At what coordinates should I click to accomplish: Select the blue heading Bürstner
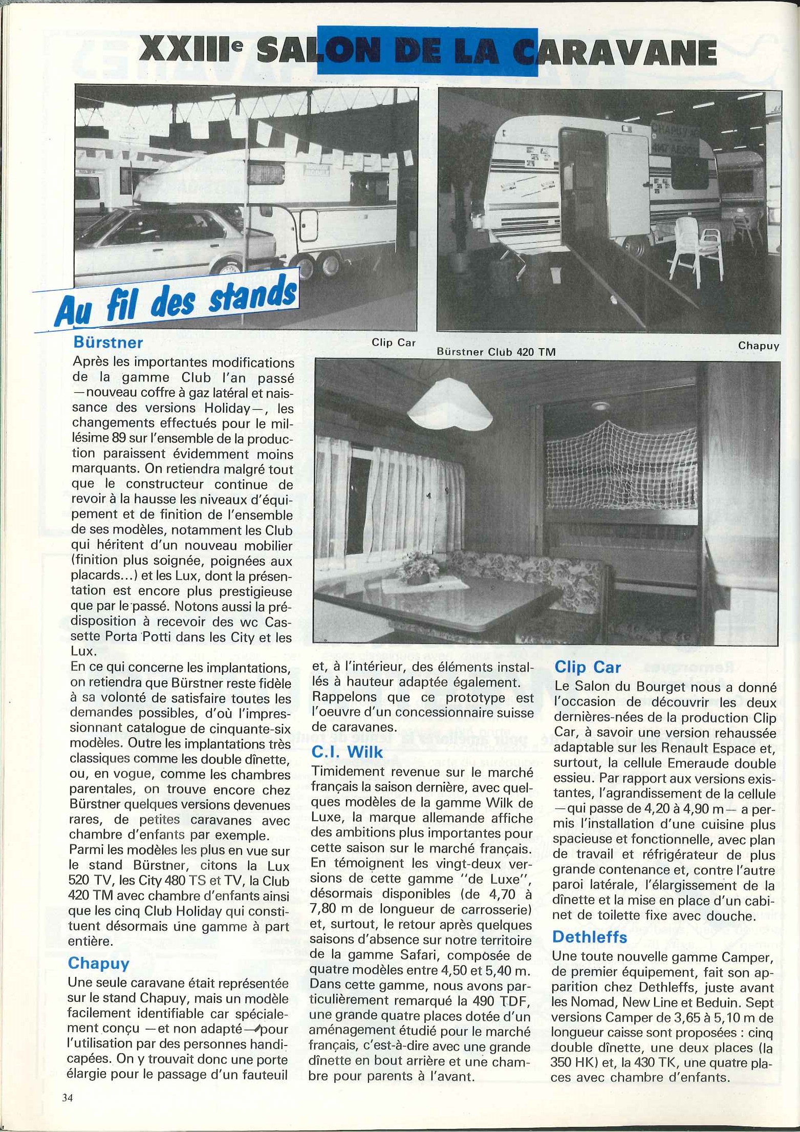coord(108,342)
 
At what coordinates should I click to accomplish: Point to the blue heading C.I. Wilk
coord(347,751)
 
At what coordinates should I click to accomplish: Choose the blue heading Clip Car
coord(587,667)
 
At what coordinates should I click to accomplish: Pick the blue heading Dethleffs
coord(589,937)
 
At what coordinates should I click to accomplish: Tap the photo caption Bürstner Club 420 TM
coord(496,352)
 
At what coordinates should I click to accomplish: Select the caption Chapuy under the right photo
coord(758,346)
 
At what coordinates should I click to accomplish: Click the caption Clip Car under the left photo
coord(394,343)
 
